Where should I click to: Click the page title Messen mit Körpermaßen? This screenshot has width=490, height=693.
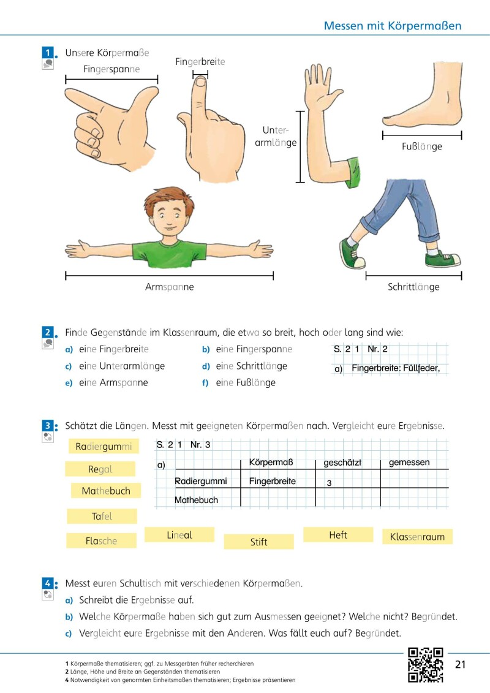[x=392, y=26]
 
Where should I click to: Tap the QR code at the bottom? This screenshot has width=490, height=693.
[x=425, y=665]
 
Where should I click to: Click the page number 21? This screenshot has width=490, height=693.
[x=461, y=665]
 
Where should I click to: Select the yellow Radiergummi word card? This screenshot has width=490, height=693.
[x=104, y=447]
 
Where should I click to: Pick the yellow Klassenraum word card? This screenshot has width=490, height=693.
[x=417, y=537]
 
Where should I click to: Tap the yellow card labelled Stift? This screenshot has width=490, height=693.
[x=258, y=542]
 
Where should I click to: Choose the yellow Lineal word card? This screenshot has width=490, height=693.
[x=179, y=535]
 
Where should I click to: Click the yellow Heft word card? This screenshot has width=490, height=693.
[x=337, y=535]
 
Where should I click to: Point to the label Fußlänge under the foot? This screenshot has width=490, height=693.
[x=422, y=147]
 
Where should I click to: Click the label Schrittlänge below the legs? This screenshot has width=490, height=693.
[x=413, y=287]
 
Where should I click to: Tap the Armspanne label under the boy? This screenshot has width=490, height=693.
[x=169, y=287]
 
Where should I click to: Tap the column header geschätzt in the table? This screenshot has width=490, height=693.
[x=342, y=463]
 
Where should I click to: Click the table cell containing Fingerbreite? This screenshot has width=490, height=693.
[x=272, y=482]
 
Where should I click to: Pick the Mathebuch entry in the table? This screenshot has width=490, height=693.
[x=196, y=500]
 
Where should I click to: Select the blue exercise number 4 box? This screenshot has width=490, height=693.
[x=48, y=583]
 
